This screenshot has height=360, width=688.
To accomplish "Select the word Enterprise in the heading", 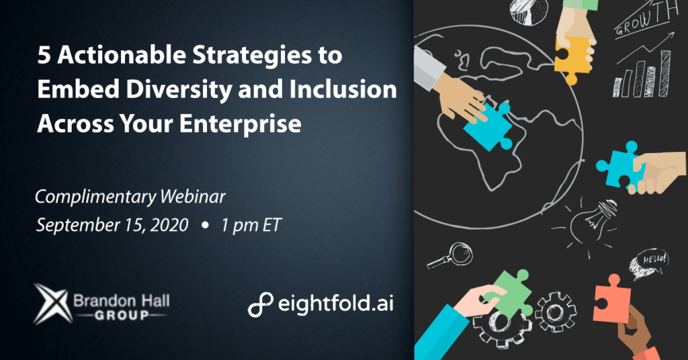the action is tap(240, 123).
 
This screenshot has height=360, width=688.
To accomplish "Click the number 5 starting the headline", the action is tap(44, 55).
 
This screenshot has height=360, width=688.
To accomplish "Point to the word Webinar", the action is tap(192, 196).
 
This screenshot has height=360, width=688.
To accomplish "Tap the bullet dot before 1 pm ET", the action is tap(204, 226).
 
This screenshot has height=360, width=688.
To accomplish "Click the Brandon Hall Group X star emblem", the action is tap(52, 304).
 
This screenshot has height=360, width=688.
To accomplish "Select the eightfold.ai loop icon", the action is tap(260, 304).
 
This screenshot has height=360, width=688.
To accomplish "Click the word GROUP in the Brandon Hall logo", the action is tap(122, 315).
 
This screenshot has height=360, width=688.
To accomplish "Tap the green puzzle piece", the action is tap(511, 292).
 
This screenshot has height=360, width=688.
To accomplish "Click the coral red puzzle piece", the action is tap(611, 299).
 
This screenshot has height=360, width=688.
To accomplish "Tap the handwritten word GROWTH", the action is tap(646, 18).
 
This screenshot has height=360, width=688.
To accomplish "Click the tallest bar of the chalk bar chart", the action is tap(665, 73).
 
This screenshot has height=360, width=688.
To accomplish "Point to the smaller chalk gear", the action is tap(555, 312).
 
